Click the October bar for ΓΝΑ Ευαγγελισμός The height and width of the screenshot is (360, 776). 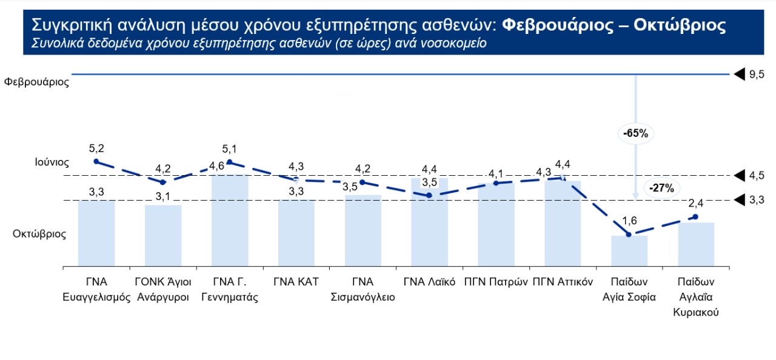point(96,233)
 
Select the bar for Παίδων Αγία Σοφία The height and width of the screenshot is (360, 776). point(629,251)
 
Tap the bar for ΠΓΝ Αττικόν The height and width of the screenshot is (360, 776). point(563,223)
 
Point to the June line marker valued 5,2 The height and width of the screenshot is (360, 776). point(96,161)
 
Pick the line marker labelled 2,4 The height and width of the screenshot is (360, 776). point(696,216)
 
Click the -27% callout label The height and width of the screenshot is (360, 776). point(661,188)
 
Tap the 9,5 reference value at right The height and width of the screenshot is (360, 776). point(757,75)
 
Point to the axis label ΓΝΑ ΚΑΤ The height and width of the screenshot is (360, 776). point(296,282)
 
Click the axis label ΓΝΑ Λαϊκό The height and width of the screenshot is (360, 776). point(429,282)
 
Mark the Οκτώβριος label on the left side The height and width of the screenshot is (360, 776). point(39,234)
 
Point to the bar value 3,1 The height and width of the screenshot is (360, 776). point(163,196)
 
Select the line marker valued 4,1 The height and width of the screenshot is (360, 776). point(496,182)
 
